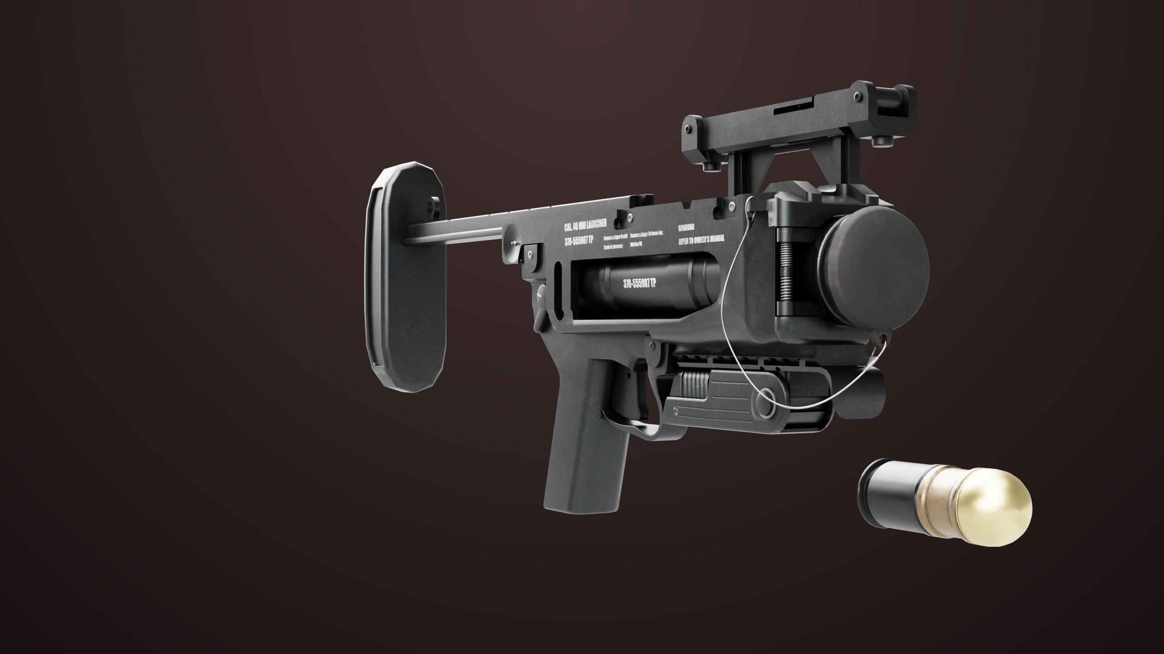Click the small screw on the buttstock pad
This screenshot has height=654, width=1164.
pos(431,208)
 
